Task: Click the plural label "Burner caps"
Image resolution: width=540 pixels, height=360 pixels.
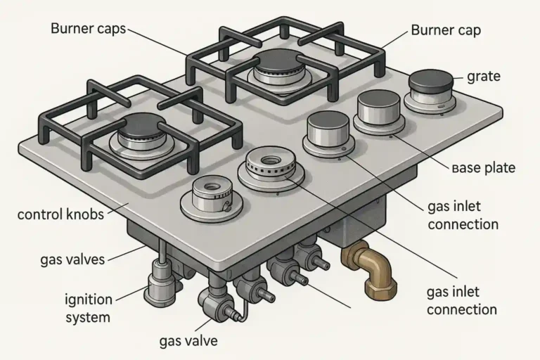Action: (88, 29)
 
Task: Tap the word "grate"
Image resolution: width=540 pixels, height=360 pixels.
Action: (484, 75)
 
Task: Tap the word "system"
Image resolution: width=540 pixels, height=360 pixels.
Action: (88, 317)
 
